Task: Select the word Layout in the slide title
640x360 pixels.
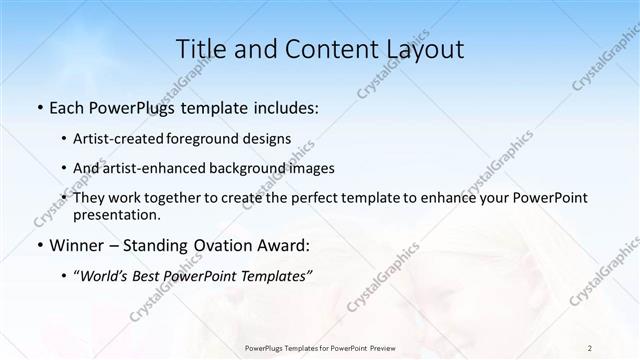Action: [424, 49]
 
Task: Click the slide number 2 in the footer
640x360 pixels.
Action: [590, 347]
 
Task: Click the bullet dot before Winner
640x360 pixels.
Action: [39, 245]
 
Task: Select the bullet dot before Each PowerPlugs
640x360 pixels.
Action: [39, 106]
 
